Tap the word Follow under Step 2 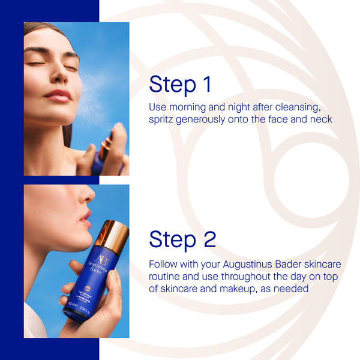tap(164, 264)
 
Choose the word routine tap(166, 276)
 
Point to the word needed tap(293, 288)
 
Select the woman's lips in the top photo tap(58, 95)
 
